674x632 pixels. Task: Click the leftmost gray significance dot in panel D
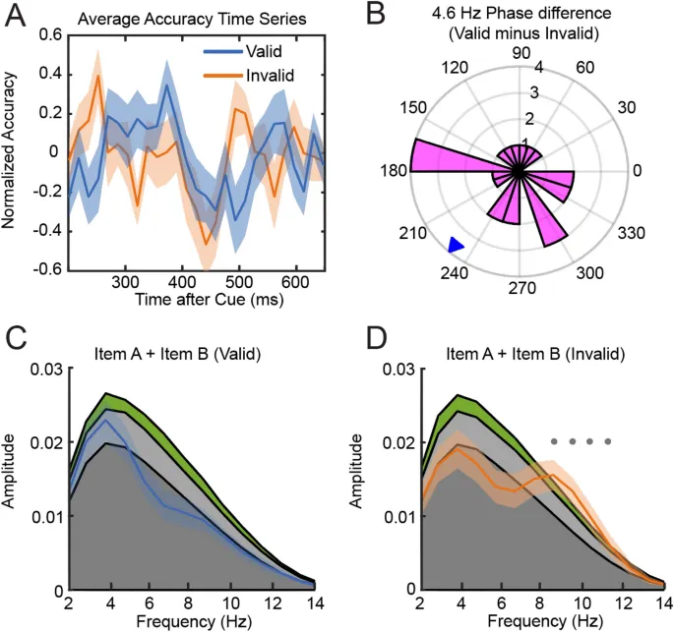(x=555, y=440)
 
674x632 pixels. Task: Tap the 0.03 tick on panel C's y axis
(x=40, y=369)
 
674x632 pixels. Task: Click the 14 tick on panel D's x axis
(x=655, y=603)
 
